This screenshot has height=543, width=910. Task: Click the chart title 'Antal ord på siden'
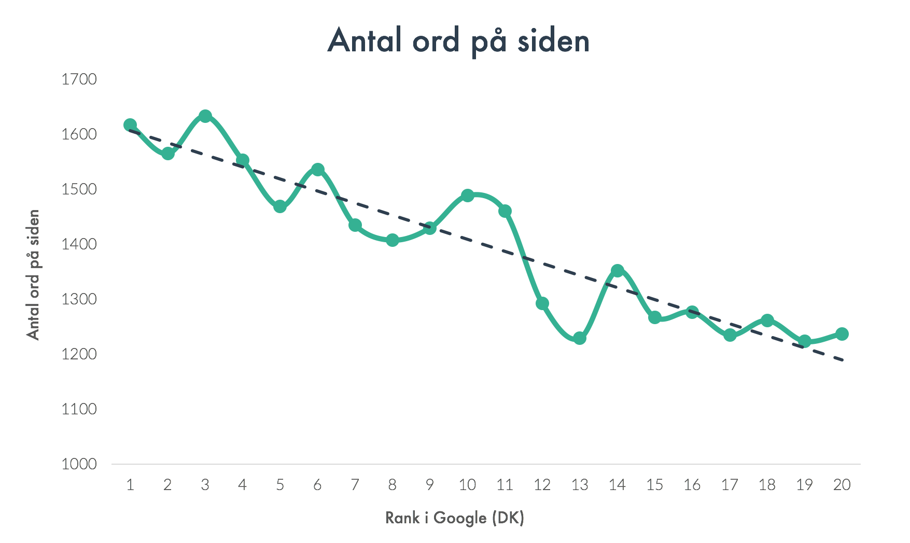click(459, 40)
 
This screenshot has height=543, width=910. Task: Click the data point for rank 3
click(205, 116)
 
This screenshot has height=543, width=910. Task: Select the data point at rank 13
click(580, 338)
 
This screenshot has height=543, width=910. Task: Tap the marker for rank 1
click(130, 125)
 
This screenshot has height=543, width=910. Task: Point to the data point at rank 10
click(467, 196)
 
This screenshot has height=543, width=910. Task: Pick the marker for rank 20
click(842, 334)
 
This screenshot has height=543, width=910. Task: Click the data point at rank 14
click(617, 271)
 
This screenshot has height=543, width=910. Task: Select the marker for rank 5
click(280, 207)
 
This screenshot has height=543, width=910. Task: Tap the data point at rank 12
click(542, 303)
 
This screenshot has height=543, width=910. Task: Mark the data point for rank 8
click(393, 240)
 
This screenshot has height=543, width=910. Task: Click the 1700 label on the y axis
click(79, 79)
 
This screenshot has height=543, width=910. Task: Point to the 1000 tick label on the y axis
click(79, 464)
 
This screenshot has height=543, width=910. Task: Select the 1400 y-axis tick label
click(79, 244)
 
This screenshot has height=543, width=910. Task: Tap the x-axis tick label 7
click(355, 485)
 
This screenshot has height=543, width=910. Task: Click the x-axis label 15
click(654, 485)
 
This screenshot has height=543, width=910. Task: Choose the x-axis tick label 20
click(842, 485)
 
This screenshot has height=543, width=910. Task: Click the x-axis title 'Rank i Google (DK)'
click(455, 518)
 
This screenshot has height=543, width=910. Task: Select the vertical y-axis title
click(33, 275)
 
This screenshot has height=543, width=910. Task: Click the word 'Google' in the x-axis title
click(460, 518)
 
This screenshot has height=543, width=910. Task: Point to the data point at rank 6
click(318, 170)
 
